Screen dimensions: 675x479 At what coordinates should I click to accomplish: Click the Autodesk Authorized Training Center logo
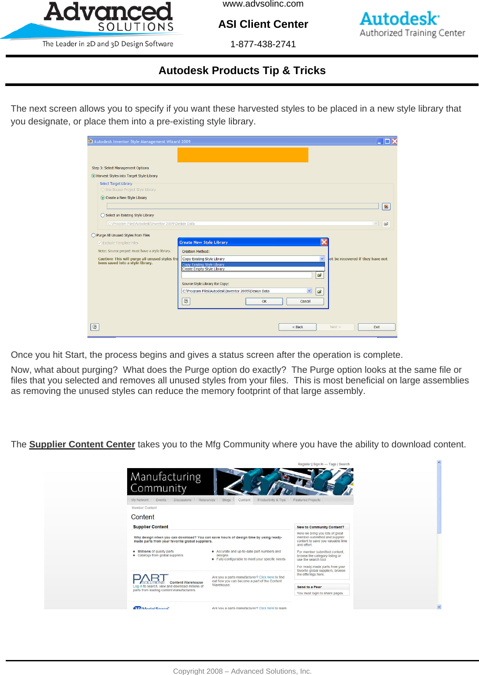(412, 25)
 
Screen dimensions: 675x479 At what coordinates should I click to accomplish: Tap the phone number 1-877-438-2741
(263, 44)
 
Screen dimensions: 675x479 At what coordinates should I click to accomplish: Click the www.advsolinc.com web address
(263, 4)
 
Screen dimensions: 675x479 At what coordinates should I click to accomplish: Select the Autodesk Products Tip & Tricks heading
(242, 71)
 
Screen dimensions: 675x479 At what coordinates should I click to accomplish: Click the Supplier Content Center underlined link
(82, 444)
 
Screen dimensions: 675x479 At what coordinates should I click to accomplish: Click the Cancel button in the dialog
(305, 301)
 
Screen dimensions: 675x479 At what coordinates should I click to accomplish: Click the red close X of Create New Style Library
(324, 242)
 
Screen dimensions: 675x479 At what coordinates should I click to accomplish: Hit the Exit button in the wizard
(376, 327)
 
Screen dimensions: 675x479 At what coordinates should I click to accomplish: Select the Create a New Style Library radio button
(103, 198)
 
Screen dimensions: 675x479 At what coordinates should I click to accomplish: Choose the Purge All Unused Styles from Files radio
(94, 235)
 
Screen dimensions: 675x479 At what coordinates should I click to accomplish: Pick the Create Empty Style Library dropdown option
(204, 269)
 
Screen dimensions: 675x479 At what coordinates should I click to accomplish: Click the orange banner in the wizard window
(243, 155)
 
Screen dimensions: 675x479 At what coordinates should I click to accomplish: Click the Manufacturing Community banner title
(166, 482)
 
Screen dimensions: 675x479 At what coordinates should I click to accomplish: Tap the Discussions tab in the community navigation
(182, 500)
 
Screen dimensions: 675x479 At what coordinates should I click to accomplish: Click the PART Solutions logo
(150, 579)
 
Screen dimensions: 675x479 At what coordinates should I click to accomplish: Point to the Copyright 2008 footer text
(242, 671)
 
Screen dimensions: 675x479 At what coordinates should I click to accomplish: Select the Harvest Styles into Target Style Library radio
(94, 176)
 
